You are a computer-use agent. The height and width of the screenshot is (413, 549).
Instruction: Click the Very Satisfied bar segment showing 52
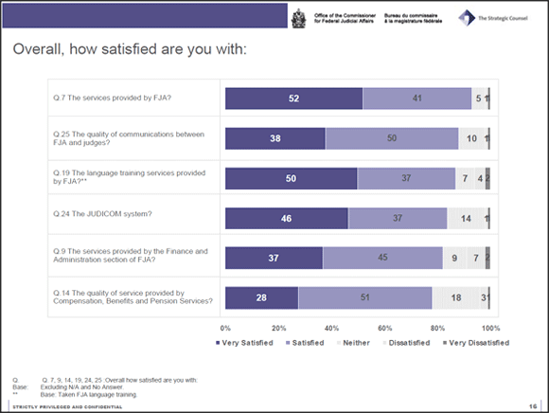(x=292, y=99)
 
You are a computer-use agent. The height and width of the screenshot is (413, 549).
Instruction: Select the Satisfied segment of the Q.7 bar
(x=416, y=99)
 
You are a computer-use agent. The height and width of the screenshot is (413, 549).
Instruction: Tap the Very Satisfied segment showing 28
(x=261, y=297)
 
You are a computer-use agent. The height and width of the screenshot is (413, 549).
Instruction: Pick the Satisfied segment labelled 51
(x=365, y=297)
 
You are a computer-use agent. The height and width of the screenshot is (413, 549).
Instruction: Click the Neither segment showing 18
(x=455, y=297)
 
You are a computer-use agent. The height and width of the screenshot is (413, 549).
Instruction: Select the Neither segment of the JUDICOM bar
(x=465, y=219)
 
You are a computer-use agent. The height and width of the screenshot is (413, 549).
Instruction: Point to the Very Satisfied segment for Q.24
(x=286, y=219)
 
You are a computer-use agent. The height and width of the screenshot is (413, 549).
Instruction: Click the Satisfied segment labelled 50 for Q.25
(x=392, y=138)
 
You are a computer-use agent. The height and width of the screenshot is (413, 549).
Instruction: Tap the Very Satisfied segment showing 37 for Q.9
(x=274, y=259)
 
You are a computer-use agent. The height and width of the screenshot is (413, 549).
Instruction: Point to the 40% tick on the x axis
(x=332, y=327)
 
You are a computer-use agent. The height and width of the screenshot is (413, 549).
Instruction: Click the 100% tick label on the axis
(x=490, y=327)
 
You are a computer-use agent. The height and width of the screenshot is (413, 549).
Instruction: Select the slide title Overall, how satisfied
(x=130, y=48)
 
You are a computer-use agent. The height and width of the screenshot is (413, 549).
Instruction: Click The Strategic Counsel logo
(x=498, y=17)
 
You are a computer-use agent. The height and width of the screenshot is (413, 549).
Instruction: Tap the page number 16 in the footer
(x=534, y=405)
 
